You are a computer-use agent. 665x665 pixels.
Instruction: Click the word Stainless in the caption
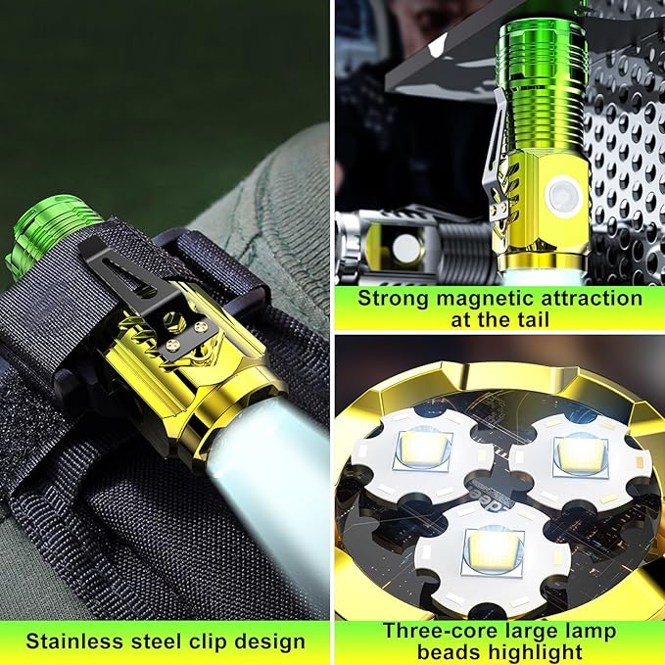click(x=74, y=641)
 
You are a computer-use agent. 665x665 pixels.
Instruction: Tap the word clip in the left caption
click(x=207, y=642)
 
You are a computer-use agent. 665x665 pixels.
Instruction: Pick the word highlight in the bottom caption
click(x=535, y=653)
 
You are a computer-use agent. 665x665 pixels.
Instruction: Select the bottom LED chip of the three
click(x=494, y=550)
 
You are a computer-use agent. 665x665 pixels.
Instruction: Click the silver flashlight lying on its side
click(x=418, y=246)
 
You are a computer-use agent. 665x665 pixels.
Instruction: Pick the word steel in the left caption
click(x=158, y=641)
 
